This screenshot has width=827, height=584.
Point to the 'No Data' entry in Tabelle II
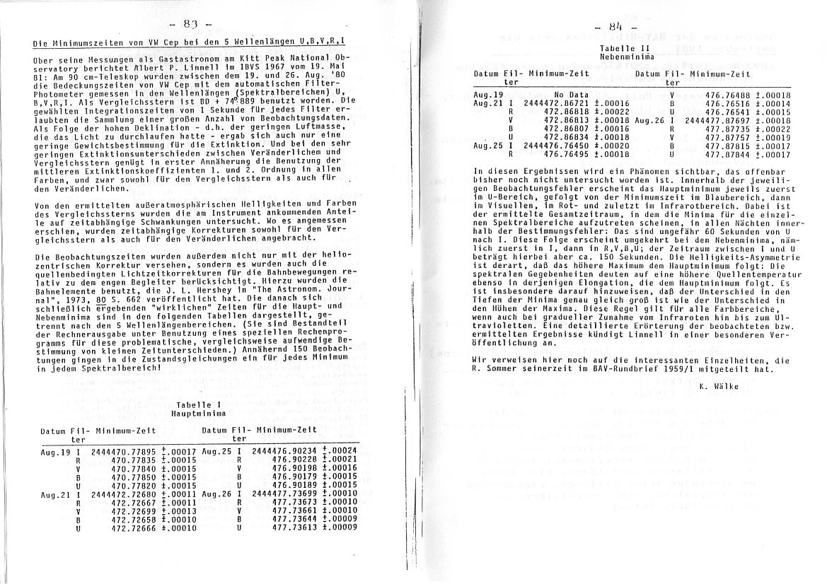click(571, 95)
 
